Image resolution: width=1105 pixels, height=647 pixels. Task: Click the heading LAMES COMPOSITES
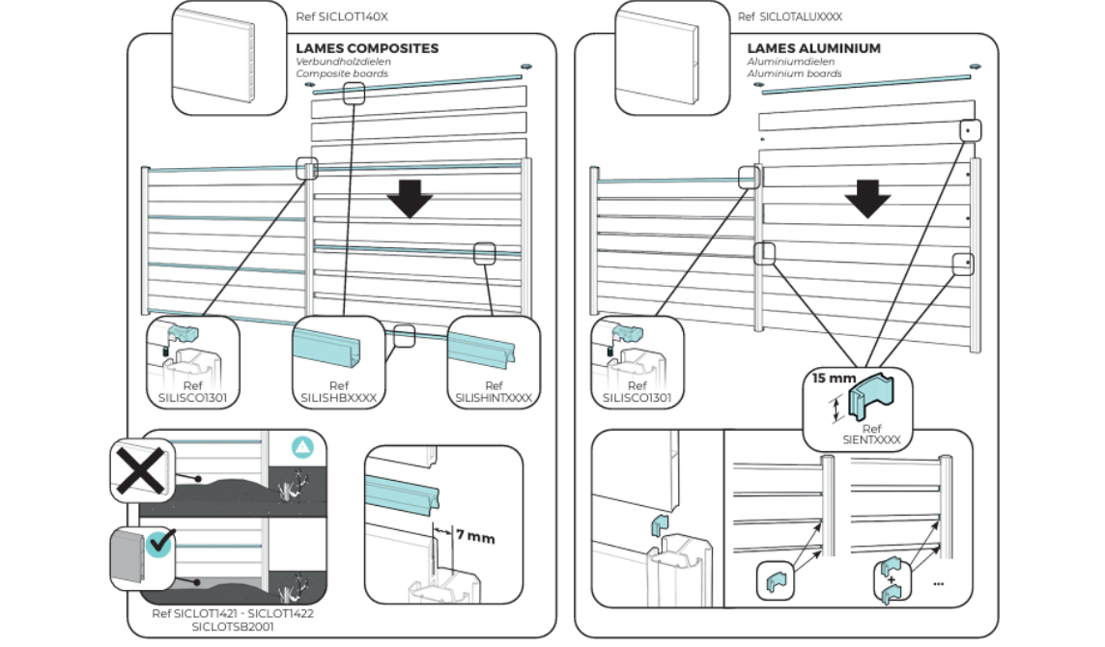click(367, 48)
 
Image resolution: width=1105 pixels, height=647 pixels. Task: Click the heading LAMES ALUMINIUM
click(813, 48)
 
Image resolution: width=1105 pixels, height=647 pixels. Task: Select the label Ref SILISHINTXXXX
click(493, 390)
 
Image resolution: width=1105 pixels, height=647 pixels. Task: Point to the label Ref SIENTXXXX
click(871, 434)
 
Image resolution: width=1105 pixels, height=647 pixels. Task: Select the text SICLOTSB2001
click(232, 626)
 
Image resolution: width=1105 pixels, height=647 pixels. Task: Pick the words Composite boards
click(342, 73)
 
